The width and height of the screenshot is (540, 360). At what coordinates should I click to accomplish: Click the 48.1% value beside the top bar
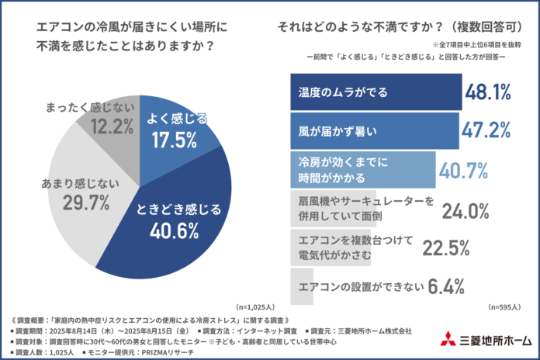pos(488,92)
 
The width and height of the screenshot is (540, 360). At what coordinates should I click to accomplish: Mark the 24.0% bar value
pos(466,209)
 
